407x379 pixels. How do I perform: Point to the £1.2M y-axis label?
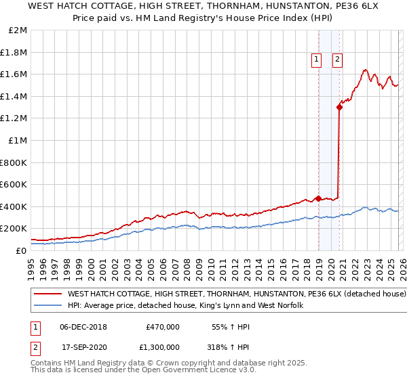click(14, 118)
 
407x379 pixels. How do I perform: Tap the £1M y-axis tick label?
click(17, 141)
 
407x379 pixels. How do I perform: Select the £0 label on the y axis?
click(20, 250)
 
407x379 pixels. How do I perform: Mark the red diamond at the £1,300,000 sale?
click(339, 107)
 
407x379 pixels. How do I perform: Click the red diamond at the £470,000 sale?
click(317, 199)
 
